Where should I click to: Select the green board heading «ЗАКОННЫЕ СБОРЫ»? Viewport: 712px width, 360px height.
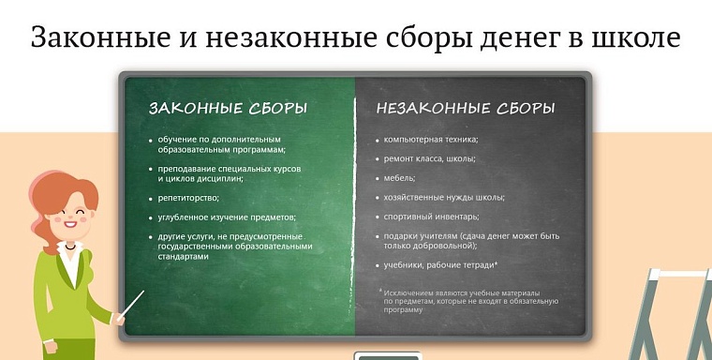228,109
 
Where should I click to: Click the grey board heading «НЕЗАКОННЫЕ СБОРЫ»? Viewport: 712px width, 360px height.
466,109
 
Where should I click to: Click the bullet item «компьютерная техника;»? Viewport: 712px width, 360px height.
431,140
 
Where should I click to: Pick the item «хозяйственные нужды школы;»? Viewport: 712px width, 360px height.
444,197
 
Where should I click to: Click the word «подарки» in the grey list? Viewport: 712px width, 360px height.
405,236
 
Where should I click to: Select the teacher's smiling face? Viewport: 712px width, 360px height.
69,219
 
